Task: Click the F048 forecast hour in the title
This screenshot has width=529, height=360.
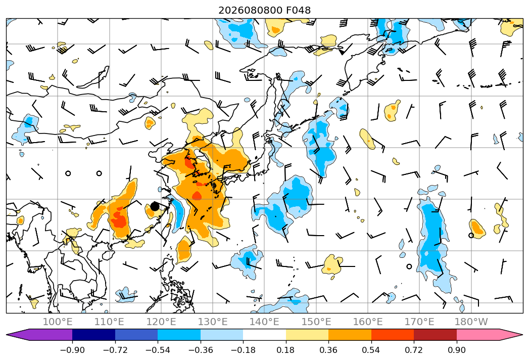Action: point(299,10)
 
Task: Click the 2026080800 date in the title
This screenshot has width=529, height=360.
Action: point(250,10)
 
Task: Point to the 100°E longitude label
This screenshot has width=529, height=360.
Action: point(58,322)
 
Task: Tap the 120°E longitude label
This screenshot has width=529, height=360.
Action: point(161,322)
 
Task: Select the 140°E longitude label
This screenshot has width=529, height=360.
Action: point(264,322)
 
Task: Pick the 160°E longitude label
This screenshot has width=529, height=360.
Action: point(368,322)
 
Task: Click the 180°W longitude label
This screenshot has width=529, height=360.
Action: point(471,322)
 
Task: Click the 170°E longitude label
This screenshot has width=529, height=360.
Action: point(419,322)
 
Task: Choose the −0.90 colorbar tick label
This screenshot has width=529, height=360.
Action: point(72,350)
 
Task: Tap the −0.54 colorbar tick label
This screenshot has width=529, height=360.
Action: point(158,350)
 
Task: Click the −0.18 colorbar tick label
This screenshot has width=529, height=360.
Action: point(243,350)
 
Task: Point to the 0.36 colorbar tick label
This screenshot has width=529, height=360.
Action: point(328,350)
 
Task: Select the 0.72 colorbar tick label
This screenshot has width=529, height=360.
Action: point(414,350)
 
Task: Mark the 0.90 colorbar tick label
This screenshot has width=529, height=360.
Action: point(456,350)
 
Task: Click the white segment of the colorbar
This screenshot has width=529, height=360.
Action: point(264,335)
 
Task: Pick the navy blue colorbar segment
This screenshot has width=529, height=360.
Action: point(93,335)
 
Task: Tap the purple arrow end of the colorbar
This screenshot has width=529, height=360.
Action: point(39,335)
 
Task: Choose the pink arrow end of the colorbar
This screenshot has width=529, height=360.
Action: point(490,335)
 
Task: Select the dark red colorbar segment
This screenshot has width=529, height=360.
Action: point(435,335)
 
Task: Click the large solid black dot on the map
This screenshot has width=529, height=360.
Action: point(155,206)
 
